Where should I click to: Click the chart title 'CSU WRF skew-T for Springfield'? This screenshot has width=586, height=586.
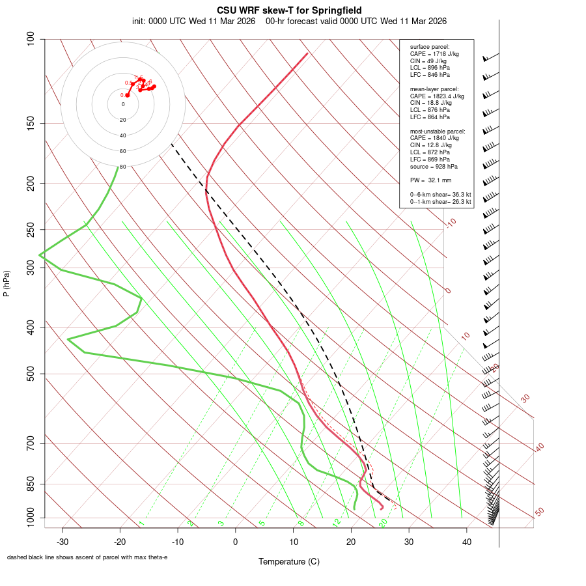[288, 10]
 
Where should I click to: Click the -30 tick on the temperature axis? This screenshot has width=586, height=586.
[63, 541]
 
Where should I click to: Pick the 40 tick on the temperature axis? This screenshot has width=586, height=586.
[466, 541]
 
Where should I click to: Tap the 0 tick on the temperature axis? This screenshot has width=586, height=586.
[236, 541]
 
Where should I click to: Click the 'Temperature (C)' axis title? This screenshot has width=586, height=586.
[288, 561]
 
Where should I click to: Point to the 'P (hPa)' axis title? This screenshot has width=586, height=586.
[7, 283]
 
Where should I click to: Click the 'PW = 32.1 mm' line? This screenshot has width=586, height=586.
[430, 180]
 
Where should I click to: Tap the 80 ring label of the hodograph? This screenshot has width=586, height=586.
[122, 167]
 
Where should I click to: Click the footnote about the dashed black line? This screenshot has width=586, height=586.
[87, 557]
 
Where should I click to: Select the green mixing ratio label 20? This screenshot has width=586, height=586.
[383, 522]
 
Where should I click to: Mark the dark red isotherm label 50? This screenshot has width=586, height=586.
[539, 512]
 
